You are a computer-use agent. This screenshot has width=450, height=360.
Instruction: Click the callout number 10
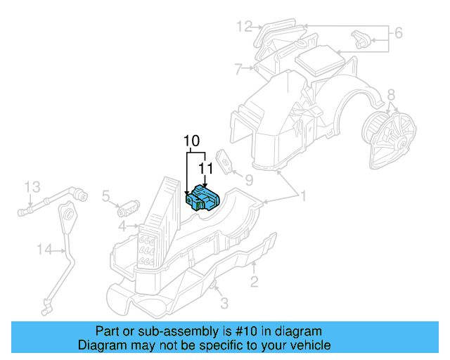(192, 141)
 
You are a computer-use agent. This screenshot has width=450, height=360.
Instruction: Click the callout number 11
(205, 169)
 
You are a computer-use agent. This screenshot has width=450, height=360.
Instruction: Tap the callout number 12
(244, 27)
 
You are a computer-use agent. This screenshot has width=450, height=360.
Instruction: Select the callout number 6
(397, 32)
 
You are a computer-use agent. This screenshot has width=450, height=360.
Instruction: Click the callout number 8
(391, 94)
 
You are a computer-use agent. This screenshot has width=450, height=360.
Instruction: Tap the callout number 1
(303, 196)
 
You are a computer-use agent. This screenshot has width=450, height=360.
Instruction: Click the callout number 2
(254, 282)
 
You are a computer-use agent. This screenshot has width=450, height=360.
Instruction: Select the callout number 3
(224, 304)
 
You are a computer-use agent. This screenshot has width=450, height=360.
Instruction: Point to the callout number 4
(122, 226)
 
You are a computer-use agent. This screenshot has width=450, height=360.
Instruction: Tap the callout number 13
(33, 187)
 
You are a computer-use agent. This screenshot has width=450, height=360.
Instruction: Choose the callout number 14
(45, 247)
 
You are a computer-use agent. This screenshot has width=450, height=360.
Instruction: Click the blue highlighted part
(202, 198)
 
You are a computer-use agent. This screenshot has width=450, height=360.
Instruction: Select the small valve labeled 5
(129, 207)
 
